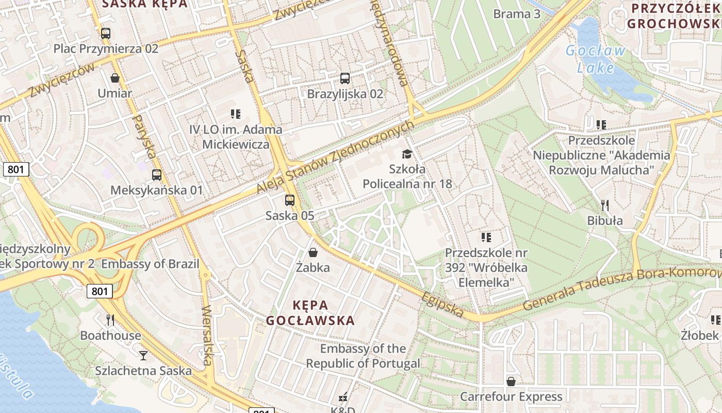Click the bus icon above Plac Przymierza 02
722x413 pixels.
click(x=106, y=34)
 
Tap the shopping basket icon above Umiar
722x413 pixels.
click(x=115, y=78)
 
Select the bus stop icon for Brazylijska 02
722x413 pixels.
click(x=345, y=78)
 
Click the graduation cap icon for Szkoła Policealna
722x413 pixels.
click(x=407, y=154)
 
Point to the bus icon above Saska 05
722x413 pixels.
click(x=290, y=200)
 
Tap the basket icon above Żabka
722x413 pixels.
click(x=313, y=252)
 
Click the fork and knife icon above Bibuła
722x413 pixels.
click(x=605, y=205)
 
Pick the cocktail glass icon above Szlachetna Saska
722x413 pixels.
click(x=143, y=355)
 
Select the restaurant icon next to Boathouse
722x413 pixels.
click(x=110, y=320)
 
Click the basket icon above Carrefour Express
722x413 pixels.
click(x=511, y=382)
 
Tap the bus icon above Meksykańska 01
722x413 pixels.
click(x=157, y=175)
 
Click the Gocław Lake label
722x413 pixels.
click(x=596, y=59)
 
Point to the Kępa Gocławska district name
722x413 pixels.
click(x=310, y=312)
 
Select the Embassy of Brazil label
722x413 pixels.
click(x=150, y=264)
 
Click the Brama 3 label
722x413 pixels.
click(x=517, y=14)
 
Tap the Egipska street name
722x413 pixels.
click(x=442, y=304)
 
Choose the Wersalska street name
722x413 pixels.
click(x=207, y=336)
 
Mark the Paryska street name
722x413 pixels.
click(x=144, y=136)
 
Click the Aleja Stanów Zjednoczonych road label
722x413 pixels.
click(x=335, y=157)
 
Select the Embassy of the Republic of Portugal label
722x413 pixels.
click(x=363, y=356)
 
